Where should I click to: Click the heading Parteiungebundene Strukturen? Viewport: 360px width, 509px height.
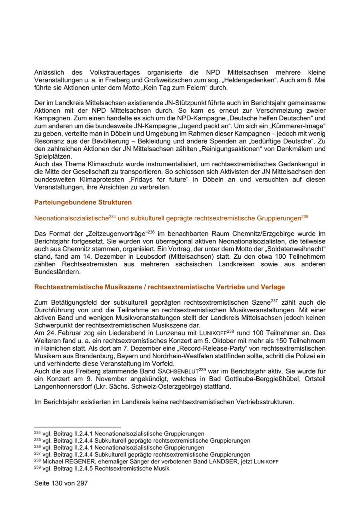pyautogui.click(x=83, y=202)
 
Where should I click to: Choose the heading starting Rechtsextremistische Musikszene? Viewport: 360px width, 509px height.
pyautogui.click(x=159, y=287)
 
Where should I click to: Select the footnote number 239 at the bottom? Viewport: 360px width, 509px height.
pyautogui.click(x=38, y=467)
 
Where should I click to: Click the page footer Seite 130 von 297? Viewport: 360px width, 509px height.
pyautogui.click(x=61, y=483)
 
